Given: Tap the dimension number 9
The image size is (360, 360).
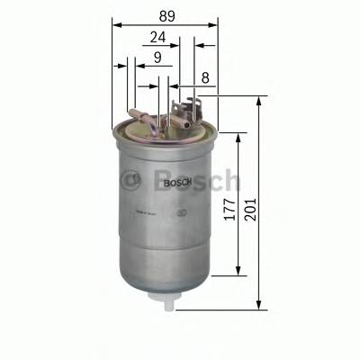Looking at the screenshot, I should coord(157,58).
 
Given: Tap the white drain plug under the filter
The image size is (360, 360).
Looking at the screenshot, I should coord(167,304).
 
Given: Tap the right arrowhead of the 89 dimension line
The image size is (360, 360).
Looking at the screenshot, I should coord(216,25).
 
